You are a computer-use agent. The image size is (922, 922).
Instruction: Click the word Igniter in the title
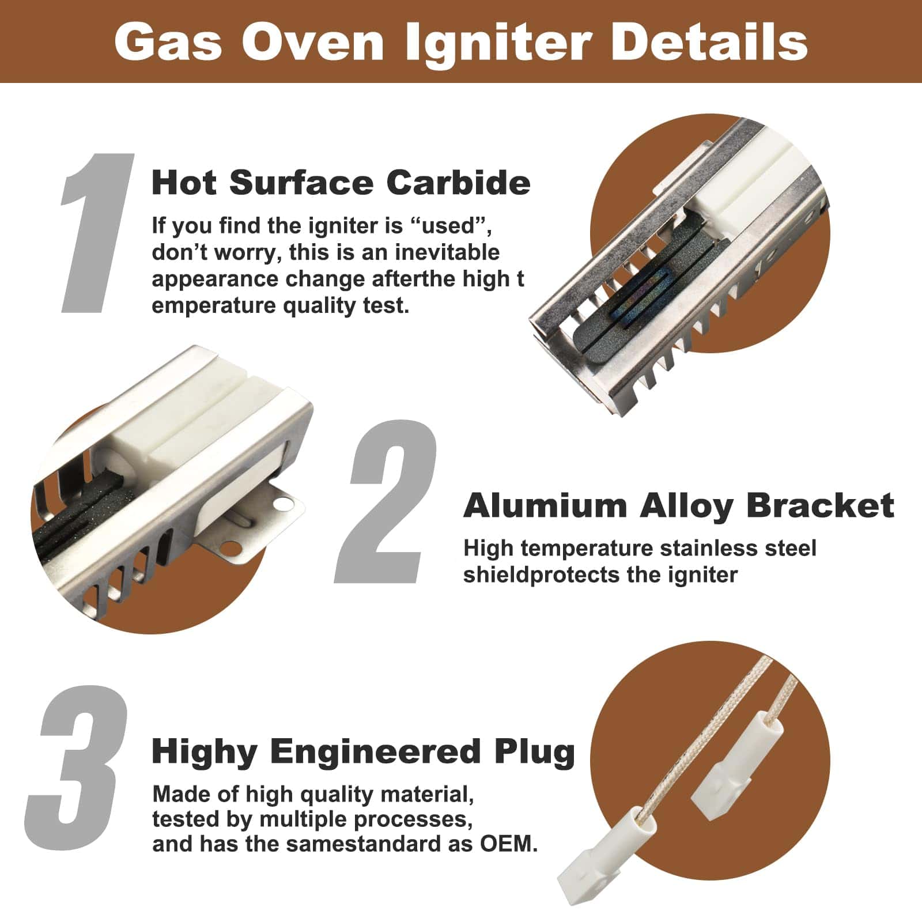pyautogui.click(x=498, y=41)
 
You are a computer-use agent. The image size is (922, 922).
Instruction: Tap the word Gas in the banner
pyautogui.click(x=168, y=41)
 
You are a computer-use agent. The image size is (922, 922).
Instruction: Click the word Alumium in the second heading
pyautogui.click(x=545, y=506)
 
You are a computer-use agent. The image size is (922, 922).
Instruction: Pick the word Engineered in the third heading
pyautogui.click(x=375, y=753)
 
